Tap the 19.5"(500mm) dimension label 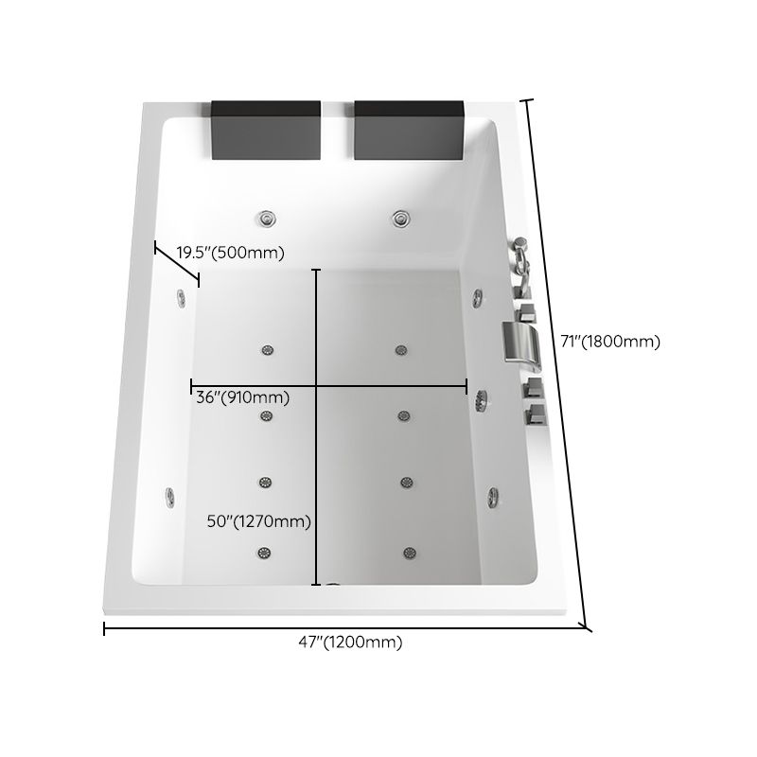point(231,253)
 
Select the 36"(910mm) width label point(242,398)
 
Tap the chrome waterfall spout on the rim point(521,342)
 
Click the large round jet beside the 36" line point(484,400)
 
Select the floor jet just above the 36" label point(266,350)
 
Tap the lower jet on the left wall point(170,495)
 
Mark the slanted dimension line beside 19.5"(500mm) point(177,264)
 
